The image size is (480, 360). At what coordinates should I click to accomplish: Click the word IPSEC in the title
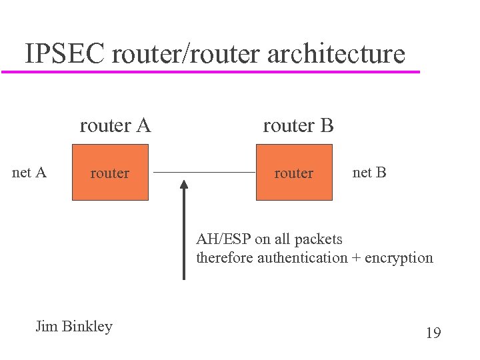[x=65, y=53]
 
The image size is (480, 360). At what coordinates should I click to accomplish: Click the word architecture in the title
[x=336, y=55]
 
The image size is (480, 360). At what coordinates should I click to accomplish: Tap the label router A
[x=115, y=125]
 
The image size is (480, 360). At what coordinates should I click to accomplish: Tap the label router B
[x=298, y=125]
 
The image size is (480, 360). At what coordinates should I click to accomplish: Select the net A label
[x=29, y=173]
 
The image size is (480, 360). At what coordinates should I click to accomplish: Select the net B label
[x=369, y=173]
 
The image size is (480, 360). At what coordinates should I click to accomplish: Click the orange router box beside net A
[x=110, y=173]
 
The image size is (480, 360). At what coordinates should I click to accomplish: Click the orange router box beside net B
[x=294, y=173]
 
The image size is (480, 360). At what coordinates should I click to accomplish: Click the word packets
[x=318, y=239]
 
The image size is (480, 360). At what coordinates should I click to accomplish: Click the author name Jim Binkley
[x=74, y=327]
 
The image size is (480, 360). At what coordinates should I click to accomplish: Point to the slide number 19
[x=433, y=332]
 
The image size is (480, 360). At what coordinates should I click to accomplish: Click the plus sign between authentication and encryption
[x=356, y=258]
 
